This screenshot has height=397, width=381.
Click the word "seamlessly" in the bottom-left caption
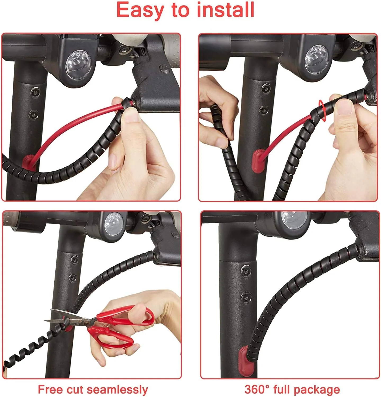(117, 390)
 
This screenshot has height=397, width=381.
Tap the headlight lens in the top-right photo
(317, 61)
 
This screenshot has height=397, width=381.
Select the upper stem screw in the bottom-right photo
(246, 270)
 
